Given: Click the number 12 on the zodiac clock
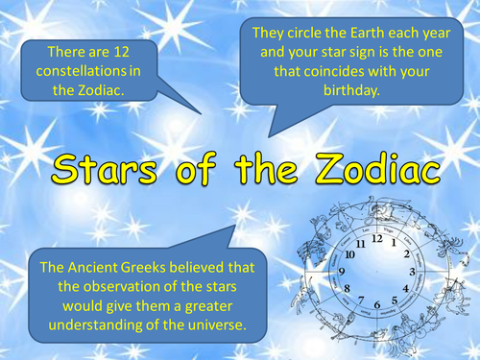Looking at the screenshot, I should (376, 239).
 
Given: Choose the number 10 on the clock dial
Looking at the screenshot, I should (349, 255).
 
